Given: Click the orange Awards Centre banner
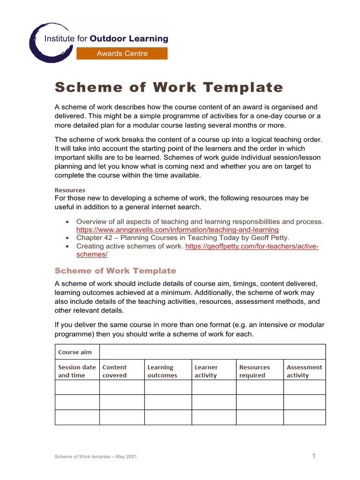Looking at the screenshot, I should (x=122, y=53).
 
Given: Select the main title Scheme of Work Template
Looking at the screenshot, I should (x=169, y=88).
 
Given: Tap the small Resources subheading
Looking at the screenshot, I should (x=70, y=190).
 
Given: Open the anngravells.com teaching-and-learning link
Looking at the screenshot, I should (x=177, y=230).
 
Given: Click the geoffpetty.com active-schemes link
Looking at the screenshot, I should (x=252, y=246).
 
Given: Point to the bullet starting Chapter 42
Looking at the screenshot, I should (x=183, y=238).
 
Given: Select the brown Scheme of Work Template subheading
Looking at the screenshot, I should (x=115, y=271).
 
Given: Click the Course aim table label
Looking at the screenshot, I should (x=75, y=352).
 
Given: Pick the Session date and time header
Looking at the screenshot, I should (x=77, y=371).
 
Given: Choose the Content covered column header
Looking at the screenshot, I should (x=115, y=371).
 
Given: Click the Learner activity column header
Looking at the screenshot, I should (x=206, y=371).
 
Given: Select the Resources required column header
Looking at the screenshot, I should (x=255, y=371).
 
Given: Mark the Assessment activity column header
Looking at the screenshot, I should (x=304, y=371).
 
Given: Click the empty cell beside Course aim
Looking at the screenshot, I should (x=212, y=352).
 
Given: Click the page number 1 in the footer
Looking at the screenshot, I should (x=314, y=456).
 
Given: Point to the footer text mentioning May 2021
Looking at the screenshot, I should (x=96, y=457).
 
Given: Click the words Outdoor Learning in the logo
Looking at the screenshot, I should (x=128, y=39).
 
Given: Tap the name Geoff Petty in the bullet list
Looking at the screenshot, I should (x=271, y=238).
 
